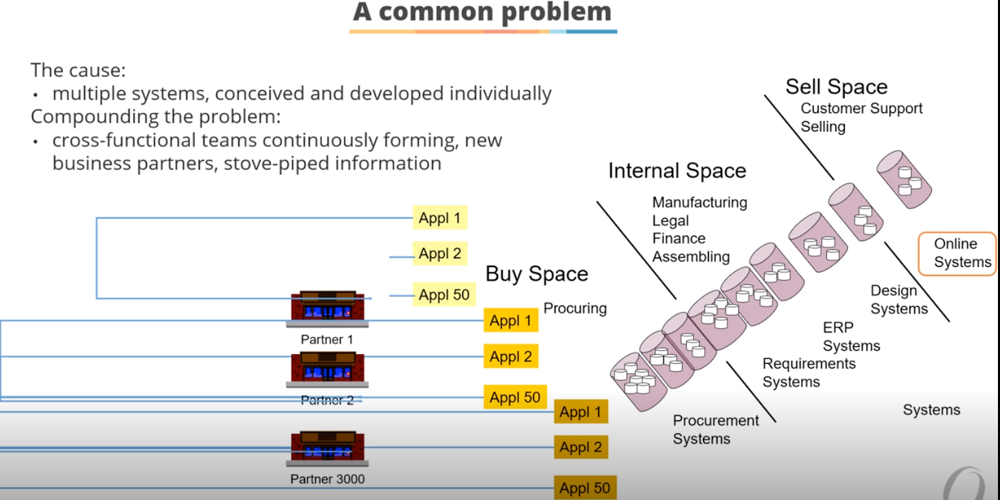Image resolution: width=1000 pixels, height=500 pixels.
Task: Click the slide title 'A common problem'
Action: click(482, 12)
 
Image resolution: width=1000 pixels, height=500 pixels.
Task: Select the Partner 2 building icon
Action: click(328, 370)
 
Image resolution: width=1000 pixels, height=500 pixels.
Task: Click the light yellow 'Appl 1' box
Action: click(439, 218)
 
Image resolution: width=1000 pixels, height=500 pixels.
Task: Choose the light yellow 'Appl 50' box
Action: click(444, 295)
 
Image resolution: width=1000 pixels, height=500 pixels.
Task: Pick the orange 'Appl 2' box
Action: click(511, 356)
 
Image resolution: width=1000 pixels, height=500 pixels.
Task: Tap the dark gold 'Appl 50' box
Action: click(584, 488)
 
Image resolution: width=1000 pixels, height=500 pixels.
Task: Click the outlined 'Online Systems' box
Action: click(957, 253)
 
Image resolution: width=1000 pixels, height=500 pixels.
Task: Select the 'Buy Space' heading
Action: click(537, 274)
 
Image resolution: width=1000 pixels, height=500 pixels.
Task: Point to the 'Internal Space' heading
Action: click(677, 170)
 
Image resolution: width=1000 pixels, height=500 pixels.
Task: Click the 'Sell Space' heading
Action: click(837, 87)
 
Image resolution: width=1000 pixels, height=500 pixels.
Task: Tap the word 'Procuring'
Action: click(575, 309)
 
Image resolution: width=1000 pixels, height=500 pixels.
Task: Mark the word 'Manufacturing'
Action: click(700, 202)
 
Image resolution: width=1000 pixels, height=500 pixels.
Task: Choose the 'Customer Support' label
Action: click(862, 108)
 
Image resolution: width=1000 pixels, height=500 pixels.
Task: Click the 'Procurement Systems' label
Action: click(715, 429)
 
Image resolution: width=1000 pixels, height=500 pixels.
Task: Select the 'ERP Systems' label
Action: click(851, 337)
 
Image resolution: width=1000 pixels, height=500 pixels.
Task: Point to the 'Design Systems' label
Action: click(899, 300)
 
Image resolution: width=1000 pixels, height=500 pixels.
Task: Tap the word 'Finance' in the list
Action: click(678, 238)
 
